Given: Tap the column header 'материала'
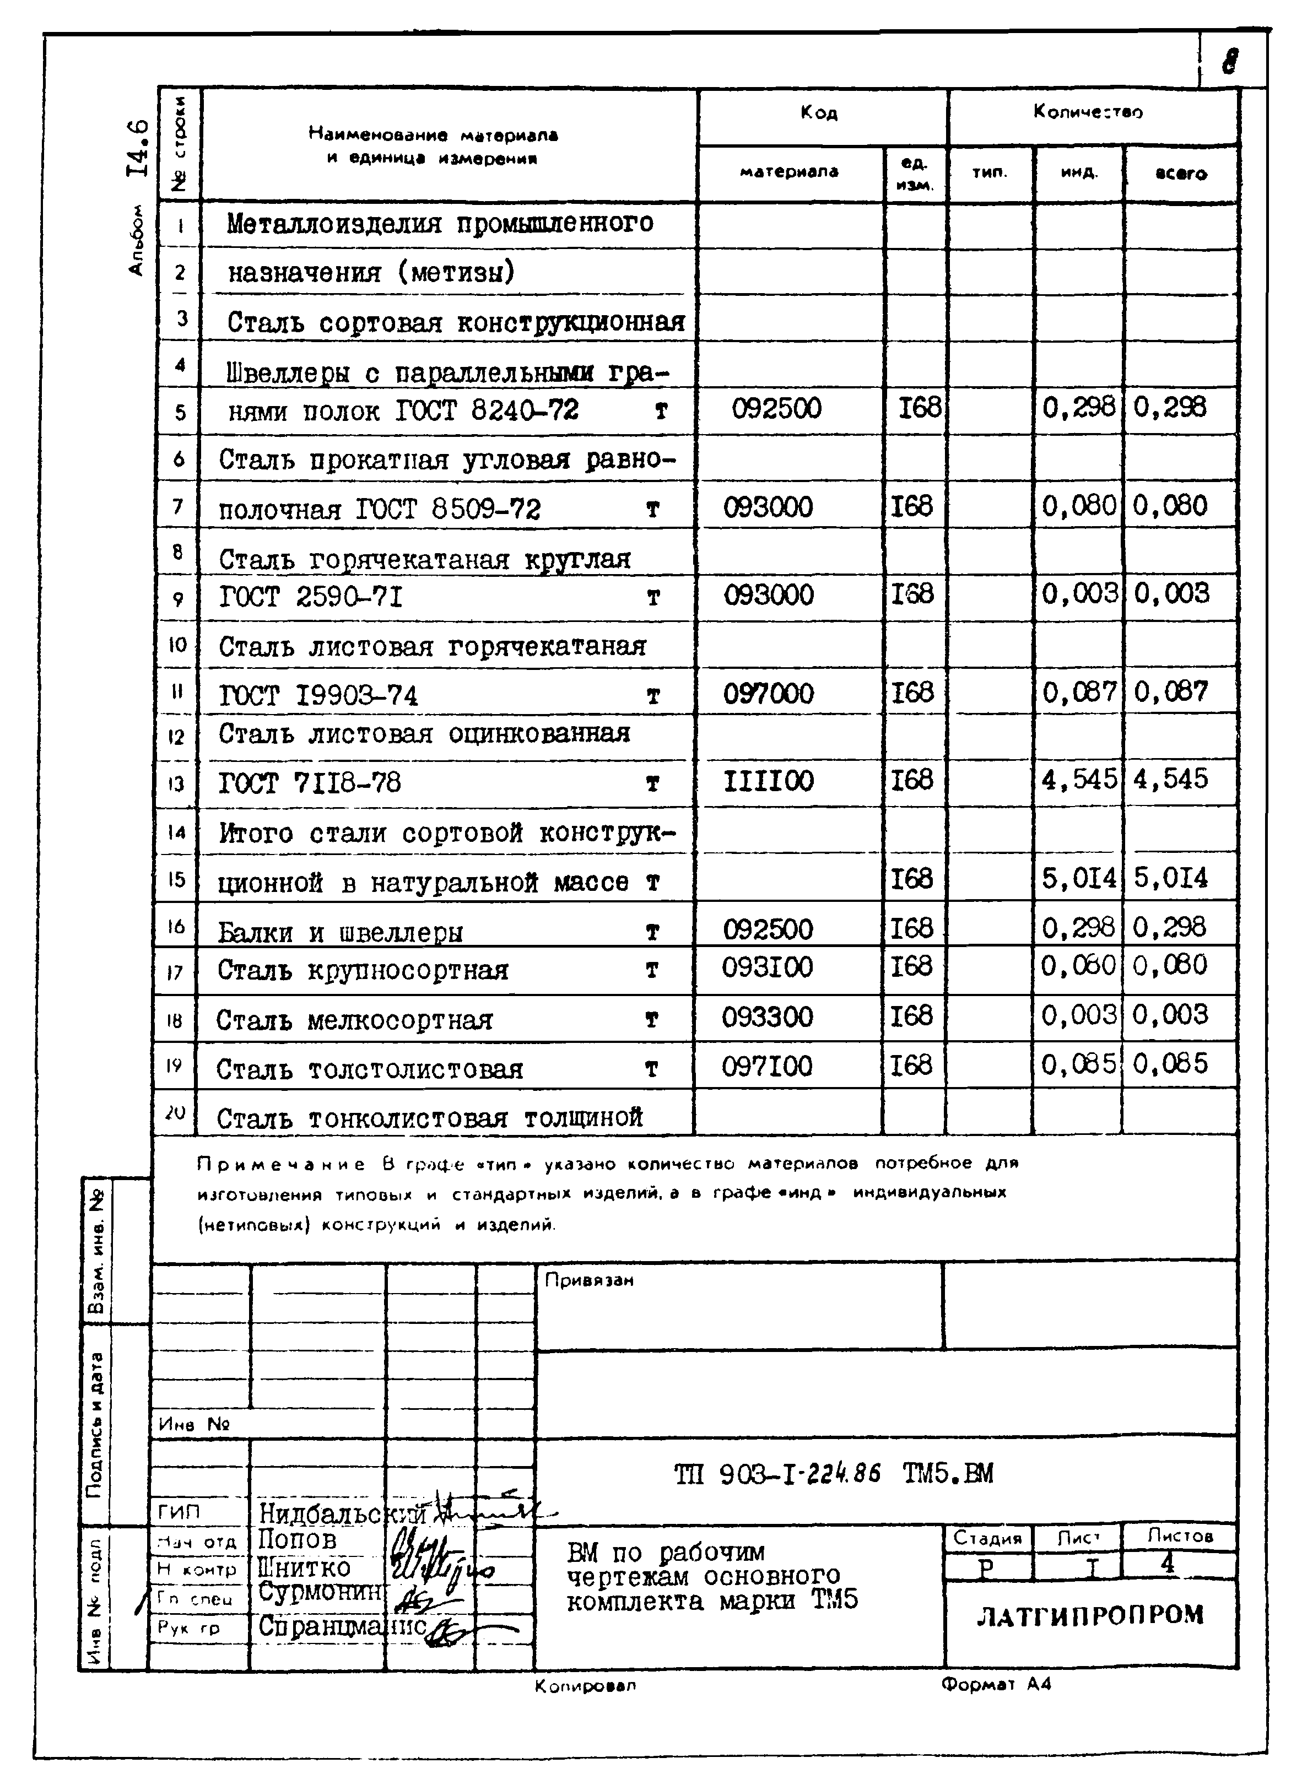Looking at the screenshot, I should tap(788, 171).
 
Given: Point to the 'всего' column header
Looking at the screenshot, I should tap(1180, 173).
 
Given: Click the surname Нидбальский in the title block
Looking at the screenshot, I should tap(342, 1513).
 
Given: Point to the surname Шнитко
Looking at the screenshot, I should tap(304, 1567).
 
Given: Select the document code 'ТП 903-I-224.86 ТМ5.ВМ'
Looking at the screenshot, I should tap(833, 1474).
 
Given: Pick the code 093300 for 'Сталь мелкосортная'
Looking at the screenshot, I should tap(766, 1016).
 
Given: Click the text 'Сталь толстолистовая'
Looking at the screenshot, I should tap(369, 1069).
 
